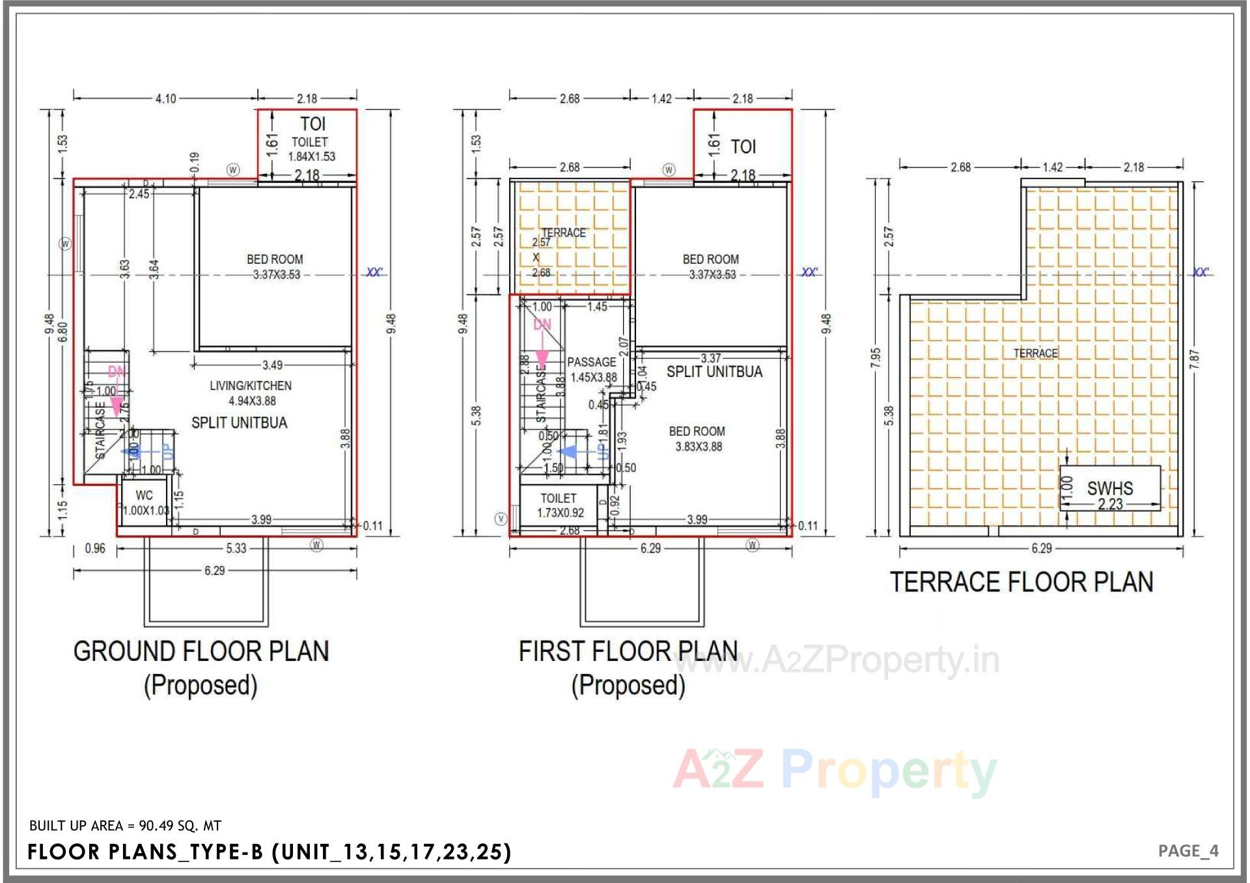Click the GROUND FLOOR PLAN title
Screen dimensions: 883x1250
[x=201, y=651]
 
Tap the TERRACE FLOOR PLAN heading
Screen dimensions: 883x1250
[x=1021, y=582]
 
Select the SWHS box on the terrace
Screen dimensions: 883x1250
[x=1109, y=488]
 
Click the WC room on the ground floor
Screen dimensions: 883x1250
[x=145, y=502]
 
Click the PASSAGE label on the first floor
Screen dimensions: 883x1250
[x=591, y=363]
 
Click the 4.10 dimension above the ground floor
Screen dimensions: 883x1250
[x=165, y=99]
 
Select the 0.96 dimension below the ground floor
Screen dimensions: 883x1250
[x=95, y=549]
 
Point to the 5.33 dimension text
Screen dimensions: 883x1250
[x=236, y=549]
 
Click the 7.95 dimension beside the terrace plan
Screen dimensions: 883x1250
[x=876, y=357]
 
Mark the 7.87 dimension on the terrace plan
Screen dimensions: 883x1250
[x=1194, y=359]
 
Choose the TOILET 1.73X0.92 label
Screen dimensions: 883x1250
[x=559, y=505]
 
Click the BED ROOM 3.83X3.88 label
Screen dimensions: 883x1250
[x=697, y=439]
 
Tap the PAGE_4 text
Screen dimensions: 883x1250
[x=1188, y=851]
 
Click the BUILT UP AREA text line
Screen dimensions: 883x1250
[x=125, y=826]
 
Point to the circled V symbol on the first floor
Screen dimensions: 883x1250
[x=501, y=519]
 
